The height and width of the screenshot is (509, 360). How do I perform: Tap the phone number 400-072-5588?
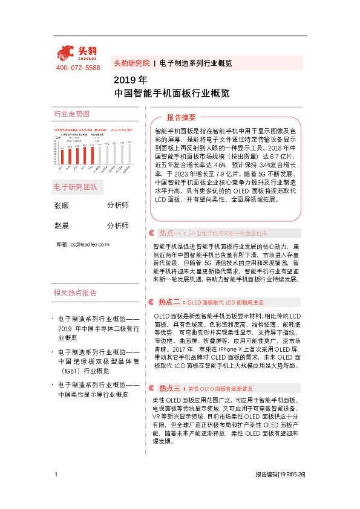tap(77, 68)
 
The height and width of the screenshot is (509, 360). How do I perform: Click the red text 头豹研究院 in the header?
tap(131, 63)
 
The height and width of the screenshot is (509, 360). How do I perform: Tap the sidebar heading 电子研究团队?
tap(76, 186)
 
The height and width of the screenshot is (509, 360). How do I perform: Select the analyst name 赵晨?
tap(62, 226)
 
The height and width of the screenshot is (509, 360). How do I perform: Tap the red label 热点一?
tap(170, 233)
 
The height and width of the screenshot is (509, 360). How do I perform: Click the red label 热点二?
tap(170, 302)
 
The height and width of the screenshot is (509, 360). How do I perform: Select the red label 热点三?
tap(170, 388)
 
